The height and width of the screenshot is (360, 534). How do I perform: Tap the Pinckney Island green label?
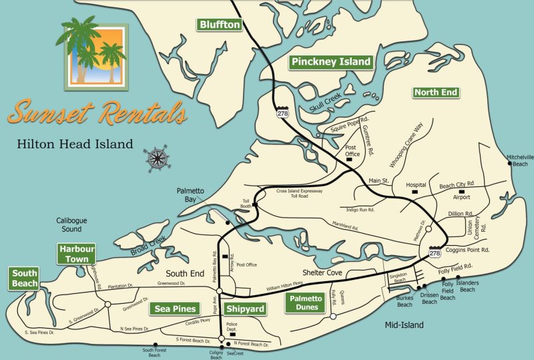(330, 62)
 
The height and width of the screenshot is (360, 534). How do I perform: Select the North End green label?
(436, 92)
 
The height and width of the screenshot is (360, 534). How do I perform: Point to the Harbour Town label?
(76, 254)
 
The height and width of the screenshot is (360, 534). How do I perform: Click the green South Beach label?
(24, 279)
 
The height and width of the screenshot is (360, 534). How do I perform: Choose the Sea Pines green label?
(175, 309)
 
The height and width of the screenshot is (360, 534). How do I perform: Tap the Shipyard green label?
(245, 309)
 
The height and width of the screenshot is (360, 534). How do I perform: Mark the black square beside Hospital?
(415, 192)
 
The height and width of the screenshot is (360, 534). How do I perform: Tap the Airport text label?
(462, 197)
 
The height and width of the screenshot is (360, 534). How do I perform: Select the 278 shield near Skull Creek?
(284, 114)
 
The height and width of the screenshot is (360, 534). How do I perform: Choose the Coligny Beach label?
(216, 354)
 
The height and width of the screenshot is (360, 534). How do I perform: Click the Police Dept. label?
(232, 328)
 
